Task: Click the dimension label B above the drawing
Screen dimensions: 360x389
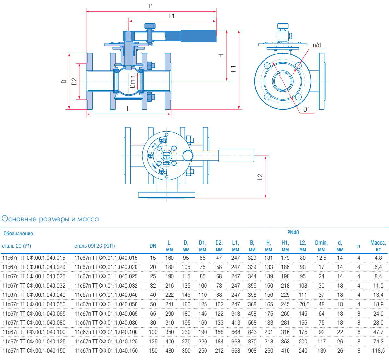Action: pyautogui.click(x=151, y=6)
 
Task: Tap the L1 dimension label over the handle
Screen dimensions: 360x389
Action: pyautogui.click(x=172, y=16)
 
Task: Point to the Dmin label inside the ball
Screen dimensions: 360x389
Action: pyautogui.click(x=132, y=82)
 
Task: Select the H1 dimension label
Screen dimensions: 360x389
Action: pyautogui.click(x=233, y=69)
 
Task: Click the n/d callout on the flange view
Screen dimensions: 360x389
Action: pyautogui.click(x=317, y=45)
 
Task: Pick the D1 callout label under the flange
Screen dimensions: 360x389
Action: pyautogui.click(x=307, y=109)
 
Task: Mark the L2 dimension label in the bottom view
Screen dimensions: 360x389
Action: pyautogui.click(x=260, y=177)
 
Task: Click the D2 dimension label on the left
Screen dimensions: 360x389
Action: pyautogui.click(x=74, y=81)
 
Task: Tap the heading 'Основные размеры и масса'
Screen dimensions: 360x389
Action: pyautogui.click(x=50, y=219)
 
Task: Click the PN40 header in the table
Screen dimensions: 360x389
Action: pyautogui.click(x=293, y=233)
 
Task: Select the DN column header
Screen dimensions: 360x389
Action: pyautogui.click(x=153, y=246)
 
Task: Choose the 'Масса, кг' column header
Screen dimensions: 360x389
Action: pyautogui.click(x=378, y=246)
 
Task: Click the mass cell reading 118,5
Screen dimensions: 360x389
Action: pyautogui.click(x=378, y=351)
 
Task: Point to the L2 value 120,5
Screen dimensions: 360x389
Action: pyautogui.click(x=303, y=304)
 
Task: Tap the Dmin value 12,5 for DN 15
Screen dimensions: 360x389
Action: pyautogui.click(x=321, y=258)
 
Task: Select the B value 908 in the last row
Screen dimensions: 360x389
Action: pyautogui.click(x=252, y=351)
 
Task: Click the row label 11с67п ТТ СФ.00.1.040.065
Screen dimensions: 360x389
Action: pyautogui.click(x=34, y=314)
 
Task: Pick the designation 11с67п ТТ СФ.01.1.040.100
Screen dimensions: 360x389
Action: pyautogui.click(x=106, y=332)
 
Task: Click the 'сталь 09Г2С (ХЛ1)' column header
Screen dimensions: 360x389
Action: pyautogui.click(x=95, y=246)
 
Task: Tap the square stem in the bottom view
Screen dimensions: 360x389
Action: pyautogui.click(x=166, y=156)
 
